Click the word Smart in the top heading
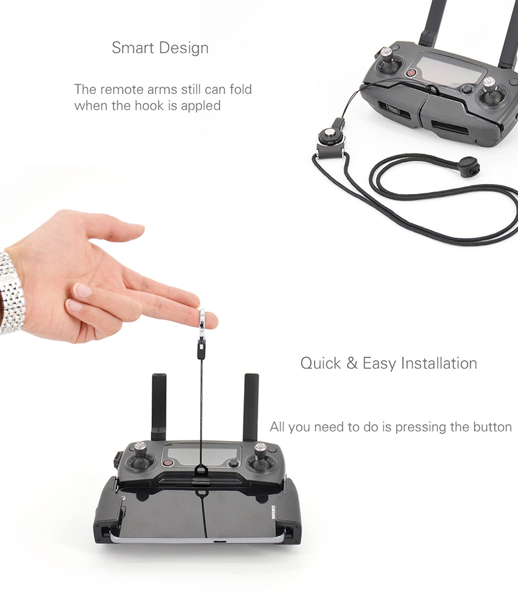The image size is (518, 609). tap(133, 48)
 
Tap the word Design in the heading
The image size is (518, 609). tap(184, 49)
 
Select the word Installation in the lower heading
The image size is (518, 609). tap(439, 363)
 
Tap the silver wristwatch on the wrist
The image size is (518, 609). tap(11, 291)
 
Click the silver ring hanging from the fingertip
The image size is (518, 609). tap(202, 323)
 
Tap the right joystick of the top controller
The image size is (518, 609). tap(490, 93)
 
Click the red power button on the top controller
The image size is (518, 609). tap(411, 73)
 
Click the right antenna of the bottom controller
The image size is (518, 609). tap(251, 407)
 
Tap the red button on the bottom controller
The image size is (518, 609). tap(168, 462)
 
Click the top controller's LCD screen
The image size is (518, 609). tap(449, 72)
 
